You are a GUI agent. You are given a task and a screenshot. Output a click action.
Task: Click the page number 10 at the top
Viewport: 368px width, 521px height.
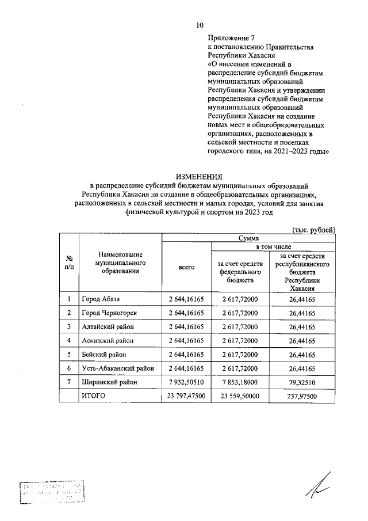tap(200, 24)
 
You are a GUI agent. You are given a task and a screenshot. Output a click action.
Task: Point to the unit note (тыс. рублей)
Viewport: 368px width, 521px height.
tap(314, 229)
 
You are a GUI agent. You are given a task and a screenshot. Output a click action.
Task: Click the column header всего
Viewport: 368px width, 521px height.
tap(187, 267)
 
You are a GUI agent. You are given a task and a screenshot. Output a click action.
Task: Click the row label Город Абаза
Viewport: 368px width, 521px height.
tap(102, 298)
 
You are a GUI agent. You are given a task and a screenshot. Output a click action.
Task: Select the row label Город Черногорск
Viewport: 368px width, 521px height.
tap(112, 312)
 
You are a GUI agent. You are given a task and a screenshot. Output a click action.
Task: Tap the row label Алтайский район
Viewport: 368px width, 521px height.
tap(109, 326)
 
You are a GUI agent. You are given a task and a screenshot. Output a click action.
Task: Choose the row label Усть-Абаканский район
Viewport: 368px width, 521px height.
tap(118, 368)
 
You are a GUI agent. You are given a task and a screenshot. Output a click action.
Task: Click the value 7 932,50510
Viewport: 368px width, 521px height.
tap(187, 382)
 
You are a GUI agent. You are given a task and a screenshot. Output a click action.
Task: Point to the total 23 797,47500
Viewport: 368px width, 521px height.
tap(187, 396)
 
